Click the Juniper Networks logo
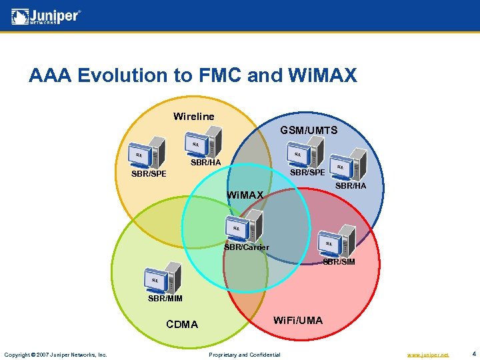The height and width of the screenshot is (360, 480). coord(46,16)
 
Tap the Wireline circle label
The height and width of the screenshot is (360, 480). coord(194,117)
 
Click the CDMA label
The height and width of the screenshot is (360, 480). coord(182,325)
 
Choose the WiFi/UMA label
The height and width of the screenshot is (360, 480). coord(298,321)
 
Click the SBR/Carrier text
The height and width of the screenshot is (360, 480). coord(247,247)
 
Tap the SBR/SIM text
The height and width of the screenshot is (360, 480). coord(339,262)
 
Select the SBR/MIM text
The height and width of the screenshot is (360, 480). coord(165,298)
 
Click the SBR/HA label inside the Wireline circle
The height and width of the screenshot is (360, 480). coord(205,163)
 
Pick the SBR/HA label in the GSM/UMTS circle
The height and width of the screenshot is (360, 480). coord(351,185)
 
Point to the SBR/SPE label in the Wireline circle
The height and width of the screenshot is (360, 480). coord(149,175)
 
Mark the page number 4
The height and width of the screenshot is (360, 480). coord(473,354)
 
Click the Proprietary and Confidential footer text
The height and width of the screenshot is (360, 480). coord(245,355)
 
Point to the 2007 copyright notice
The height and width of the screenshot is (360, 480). coord(55,355)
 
